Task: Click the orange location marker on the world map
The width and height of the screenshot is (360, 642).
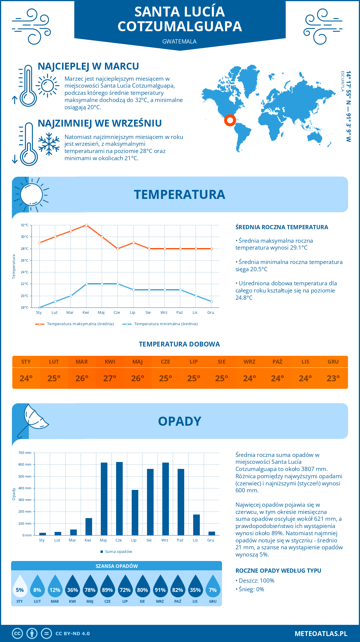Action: point(230,120)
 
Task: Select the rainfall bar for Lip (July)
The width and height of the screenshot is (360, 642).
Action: point(135,512)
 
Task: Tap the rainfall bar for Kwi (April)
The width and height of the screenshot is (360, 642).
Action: point(88,526)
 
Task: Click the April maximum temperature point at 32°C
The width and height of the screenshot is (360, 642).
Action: point(86,225)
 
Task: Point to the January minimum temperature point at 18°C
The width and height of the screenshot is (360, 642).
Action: point(40,307)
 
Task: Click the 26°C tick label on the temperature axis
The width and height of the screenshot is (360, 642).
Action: point(25,260)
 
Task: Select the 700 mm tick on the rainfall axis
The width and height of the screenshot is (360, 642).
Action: point(25,453)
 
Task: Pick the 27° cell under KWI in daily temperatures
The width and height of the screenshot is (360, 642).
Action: point(110,378)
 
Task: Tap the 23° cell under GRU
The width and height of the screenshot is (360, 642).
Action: point(333,378)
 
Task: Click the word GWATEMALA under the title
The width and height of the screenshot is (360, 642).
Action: point(179,41)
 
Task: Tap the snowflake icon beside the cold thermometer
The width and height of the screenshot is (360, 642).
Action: point(49,144)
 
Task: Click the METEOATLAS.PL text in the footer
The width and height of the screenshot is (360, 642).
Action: point(321,634)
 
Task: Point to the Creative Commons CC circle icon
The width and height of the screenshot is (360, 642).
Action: point(17,634)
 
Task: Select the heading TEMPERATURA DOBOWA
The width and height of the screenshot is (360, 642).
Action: point(179,344)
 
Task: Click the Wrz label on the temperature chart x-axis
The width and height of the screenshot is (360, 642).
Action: point(164,313)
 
